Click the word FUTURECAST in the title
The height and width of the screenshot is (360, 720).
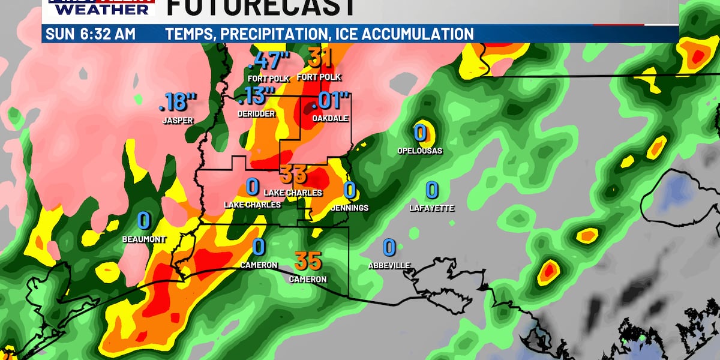[x=259, y=7]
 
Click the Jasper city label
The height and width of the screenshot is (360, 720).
[x=178, y=121]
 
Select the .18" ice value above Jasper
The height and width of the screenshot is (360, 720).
[x=178, y=103]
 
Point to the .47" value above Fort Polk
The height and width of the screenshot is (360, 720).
[x=268, y=61]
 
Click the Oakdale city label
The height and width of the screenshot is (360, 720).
[x=330, y=119]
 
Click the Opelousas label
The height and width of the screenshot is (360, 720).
[x=420, y=151]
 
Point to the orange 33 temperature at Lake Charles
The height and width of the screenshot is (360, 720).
[x=293, y=175]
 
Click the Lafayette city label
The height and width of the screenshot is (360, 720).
[x=432, y=208]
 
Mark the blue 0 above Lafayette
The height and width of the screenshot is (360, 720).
[x=432, y=190]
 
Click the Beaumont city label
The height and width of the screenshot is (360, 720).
[x=143, y=239]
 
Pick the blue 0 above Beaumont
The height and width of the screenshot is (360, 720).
[x=143, y=221]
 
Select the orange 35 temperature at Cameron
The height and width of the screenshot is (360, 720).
[x=308, y=261]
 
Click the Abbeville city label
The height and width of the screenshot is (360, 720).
[x=389, y=265]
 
